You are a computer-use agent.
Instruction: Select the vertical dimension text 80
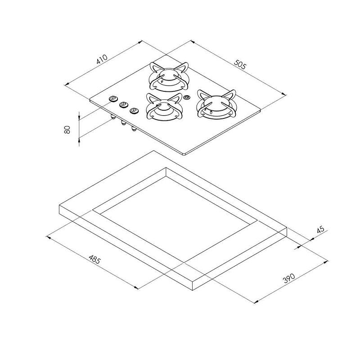tap(67, 130)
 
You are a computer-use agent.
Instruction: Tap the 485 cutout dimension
tap(94, 260)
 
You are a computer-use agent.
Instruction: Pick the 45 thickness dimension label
tap(320, 229)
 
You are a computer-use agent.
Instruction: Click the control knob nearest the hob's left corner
tap(112, 99)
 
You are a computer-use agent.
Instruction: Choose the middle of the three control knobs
tap(122, 104)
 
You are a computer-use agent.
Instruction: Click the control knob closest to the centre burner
tap(133, 110)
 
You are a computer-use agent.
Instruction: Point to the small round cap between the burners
tap(187, 98)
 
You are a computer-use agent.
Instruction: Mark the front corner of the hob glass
tap(185, 154)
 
